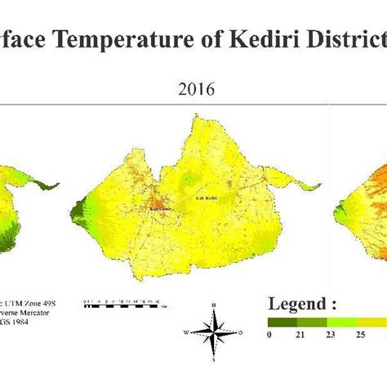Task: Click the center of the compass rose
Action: pos(213,332)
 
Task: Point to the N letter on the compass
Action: pos(213,306)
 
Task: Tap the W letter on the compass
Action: pos(187,333)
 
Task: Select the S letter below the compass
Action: pos(213,359)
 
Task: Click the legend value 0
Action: pos(269,335)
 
